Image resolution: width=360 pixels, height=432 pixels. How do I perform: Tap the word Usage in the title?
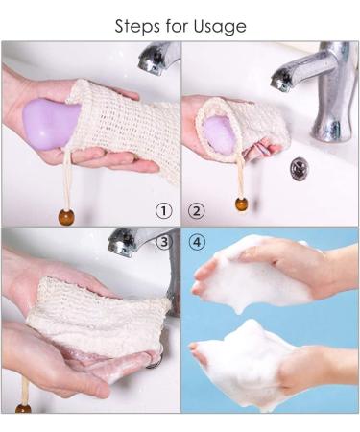(221, 27)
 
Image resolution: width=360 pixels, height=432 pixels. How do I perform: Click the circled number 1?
(164, 210)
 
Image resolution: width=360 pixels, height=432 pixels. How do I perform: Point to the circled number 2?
(197, 210)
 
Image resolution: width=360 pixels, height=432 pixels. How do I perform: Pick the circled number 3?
(164, 242)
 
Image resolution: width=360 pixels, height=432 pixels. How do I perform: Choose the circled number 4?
(197, 242)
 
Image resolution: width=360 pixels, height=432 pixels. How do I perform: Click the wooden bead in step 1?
(65, 217)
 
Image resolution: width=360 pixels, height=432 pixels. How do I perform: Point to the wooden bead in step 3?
(23, 408)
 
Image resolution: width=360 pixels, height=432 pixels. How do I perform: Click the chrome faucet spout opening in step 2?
(281, 84)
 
